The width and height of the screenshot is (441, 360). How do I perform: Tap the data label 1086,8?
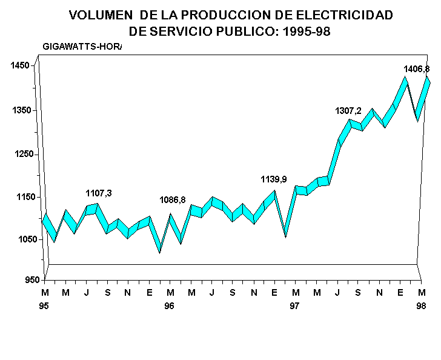coord(173,199)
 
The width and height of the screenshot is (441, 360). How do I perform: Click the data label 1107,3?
coord(99,193)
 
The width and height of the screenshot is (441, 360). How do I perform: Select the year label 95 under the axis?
coord(44,306)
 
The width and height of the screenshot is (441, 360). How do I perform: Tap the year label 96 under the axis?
coord(170,306)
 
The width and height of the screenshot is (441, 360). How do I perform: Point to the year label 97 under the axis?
coord(294,306)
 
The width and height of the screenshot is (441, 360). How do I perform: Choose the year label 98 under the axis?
coord(420,306)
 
